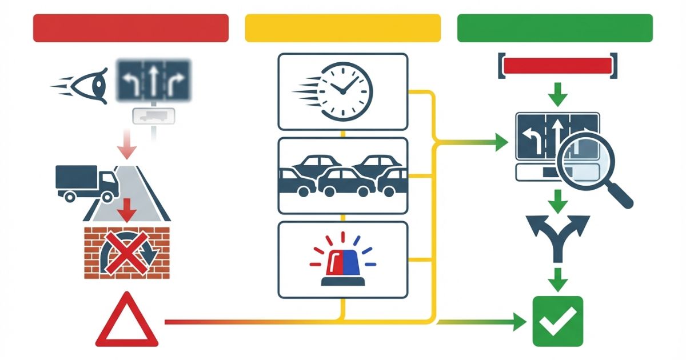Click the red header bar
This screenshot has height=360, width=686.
click(x=131, y=28)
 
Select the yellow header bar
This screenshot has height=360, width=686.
click(x=343, y=28)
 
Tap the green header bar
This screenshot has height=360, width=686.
click(x=555, y=28)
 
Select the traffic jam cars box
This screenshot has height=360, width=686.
click(x=343, y=175)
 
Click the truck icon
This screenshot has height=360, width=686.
click(x=86, y=182)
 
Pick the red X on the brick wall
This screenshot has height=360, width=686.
click(x=126, y=252)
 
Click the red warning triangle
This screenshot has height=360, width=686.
click(x=127, y=323)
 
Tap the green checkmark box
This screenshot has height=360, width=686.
click(x=557, y=321)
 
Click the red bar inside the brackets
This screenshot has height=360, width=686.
click(x=557, y=65)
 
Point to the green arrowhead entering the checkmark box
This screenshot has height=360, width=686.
click(x=519, y=322)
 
